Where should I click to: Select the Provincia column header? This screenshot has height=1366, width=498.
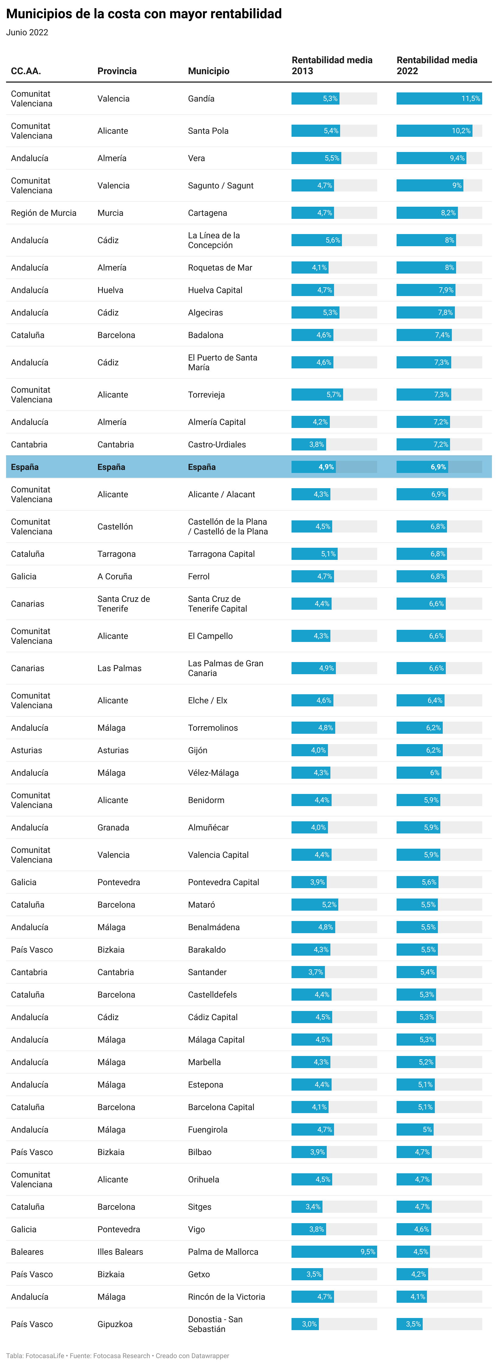click(117, 71)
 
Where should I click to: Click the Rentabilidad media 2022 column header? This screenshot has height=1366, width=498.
click(437, 65)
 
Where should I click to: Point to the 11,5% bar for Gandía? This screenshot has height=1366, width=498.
click(439, 98)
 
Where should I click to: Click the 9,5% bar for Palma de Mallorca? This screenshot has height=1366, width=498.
click(334, 1251)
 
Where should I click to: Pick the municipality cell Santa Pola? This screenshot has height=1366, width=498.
click(208, 131)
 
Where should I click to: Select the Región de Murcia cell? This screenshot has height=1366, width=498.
click(43, 213)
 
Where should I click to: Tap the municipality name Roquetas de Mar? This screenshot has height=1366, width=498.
click(220, 268)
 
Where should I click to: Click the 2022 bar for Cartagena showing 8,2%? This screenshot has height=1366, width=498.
click(426, 213)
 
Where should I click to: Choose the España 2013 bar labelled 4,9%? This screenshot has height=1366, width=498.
click(313, 467)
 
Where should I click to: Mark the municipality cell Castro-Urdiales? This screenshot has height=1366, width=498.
click(217, 444)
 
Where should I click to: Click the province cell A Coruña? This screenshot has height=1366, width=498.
click(114, 576)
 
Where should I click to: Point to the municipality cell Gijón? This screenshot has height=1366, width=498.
click(198, 750)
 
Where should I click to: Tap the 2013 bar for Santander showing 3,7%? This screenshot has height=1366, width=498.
click(308, 972)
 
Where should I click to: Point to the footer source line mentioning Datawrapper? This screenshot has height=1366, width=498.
click(118, 1355)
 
